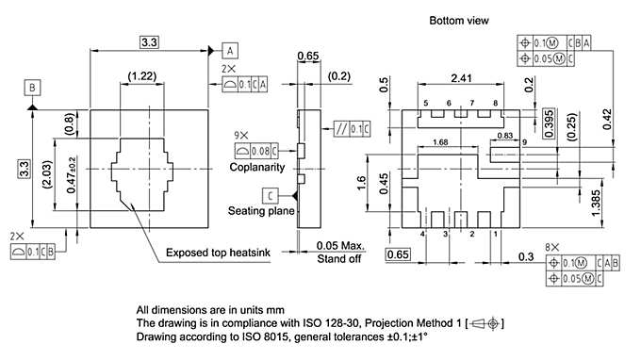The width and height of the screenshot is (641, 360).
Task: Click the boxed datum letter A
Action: pos(231,50)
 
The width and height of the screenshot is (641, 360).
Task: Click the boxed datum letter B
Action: pos(33,89)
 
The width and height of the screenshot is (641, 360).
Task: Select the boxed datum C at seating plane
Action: pos(271,195)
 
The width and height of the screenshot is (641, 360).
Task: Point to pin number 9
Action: pos(523,143)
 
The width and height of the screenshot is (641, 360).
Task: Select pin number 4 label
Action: pos(422,233)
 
